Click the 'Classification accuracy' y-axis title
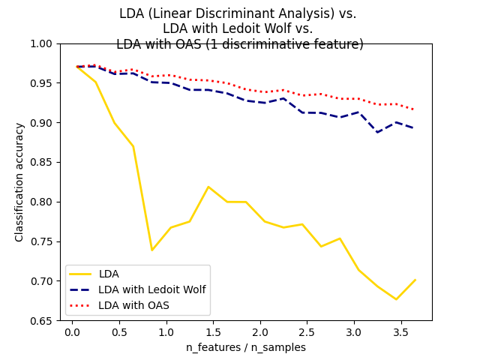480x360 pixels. coord(19,182)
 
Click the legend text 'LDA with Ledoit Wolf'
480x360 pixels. coord(152,289)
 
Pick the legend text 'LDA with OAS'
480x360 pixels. coord(134,305)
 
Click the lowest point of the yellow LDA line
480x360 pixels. coord(396,299)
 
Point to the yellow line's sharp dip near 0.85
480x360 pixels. coord(152,250)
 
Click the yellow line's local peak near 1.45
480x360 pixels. coord(208,187)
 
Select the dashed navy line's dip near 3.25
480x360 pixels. coord(377,132)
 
